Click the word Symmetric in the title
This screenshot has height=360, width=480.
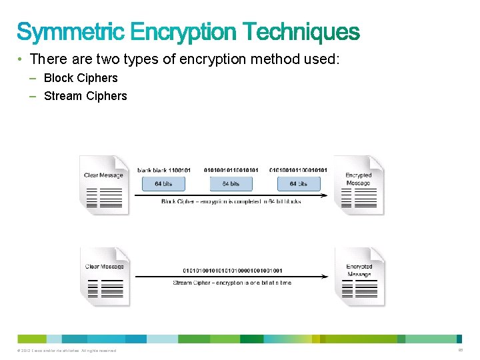tap(71, 31)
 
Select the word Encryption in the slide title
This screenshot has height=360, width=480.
tap(184, 31)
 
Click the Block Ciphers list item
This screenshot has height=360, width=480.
tap(81, 78)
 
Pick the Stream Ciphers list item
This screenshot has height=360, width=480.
tap(85, 96)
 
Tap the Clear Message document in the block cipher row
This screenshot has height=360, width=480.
tap(103, 185)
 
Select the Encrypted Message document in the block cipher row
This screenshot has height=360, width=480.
tap(359, 185)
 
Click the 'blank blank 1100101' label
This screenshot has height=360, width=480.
tap(164, 170)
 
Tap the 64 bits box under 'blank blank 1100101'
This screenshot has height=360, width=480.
tap(164, 183)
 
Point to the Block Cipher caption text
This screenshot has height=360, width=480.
tap(231, 201)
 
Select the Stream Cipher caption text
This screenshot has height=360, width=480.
tap(232, 283)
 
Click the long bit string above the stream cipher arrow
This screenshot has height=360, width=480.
tap(232, 271)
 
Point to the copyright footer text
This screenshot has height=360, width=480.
tap(64, 351)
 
